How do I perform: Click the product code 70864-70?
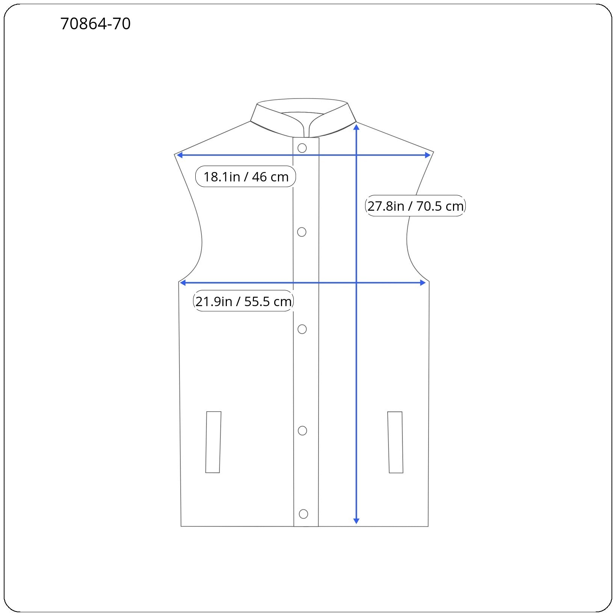pyautogui.click(x=95, y=24)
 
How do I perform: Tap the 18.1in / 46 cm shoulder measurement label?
pyautogui.click(x=246, y=177)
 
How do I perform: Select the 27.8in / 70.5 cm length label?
pyautogui.click(x=415, y=206)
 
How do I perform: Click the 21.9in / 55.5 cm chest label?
pyautogui.click(x=243, y=301)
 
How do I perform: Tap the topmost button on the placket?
pyautogui.click(x=302, y=148)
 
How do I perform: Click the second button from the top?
pyautogui.click(x=302, y=232)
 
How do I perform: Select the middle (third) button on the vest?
pyautogui.click(x=302, y=329)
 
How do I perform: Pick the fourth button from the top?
pyautogui.click(x=302, y=430)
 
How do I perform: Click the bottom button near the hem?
pyautogui.click(x=303, y=514)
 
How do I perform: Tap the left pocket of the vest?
pyautogui.click(x=213, y=442)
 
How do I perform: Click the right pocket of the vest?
pyautogui.click(x=395, y=442)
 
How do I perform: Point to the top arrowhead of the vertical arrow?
pyautogui.click(x=356, y=127)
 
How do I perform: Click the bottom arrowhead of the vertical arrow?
pyautogui.click(x=356, y=521)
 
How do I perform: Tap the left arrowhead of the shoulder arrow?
pyautogui.click(x=180, y=155)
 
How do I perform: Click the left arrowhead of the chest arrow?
pyautogui.click(x=183, y=283)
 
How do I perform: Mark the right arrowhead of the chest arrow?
pyautogui.click(x=423, y=283)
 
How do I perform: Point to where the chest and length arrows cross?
pyautogui.click(x=356, y=283)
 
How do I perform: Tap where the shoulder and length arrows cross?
pyautogui.click(x=356, y=155)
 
